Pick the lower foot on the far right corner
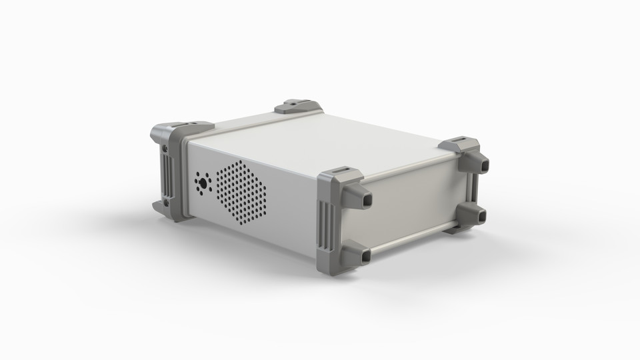[x=473, y=215]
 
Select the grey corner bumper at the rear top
[x=298, y=106]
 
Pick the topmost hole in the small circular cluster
[x=203, y=175]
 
